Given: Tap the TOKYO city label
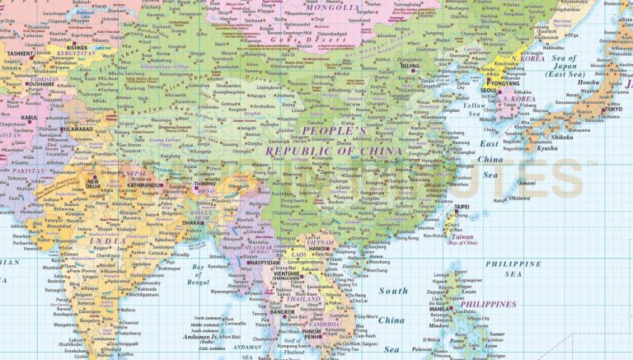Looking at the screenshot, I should click(x=612, y=109).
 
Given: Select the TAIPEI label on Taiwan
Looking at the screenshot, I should click(x=462, y=205).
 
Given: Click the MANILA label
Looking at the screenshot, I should click(x=442, y=309).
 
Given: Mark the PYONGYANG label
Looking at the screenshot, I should click(x=502, y=84).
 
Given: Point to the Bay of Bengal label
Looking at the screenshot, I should click(x=198, y=274).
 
